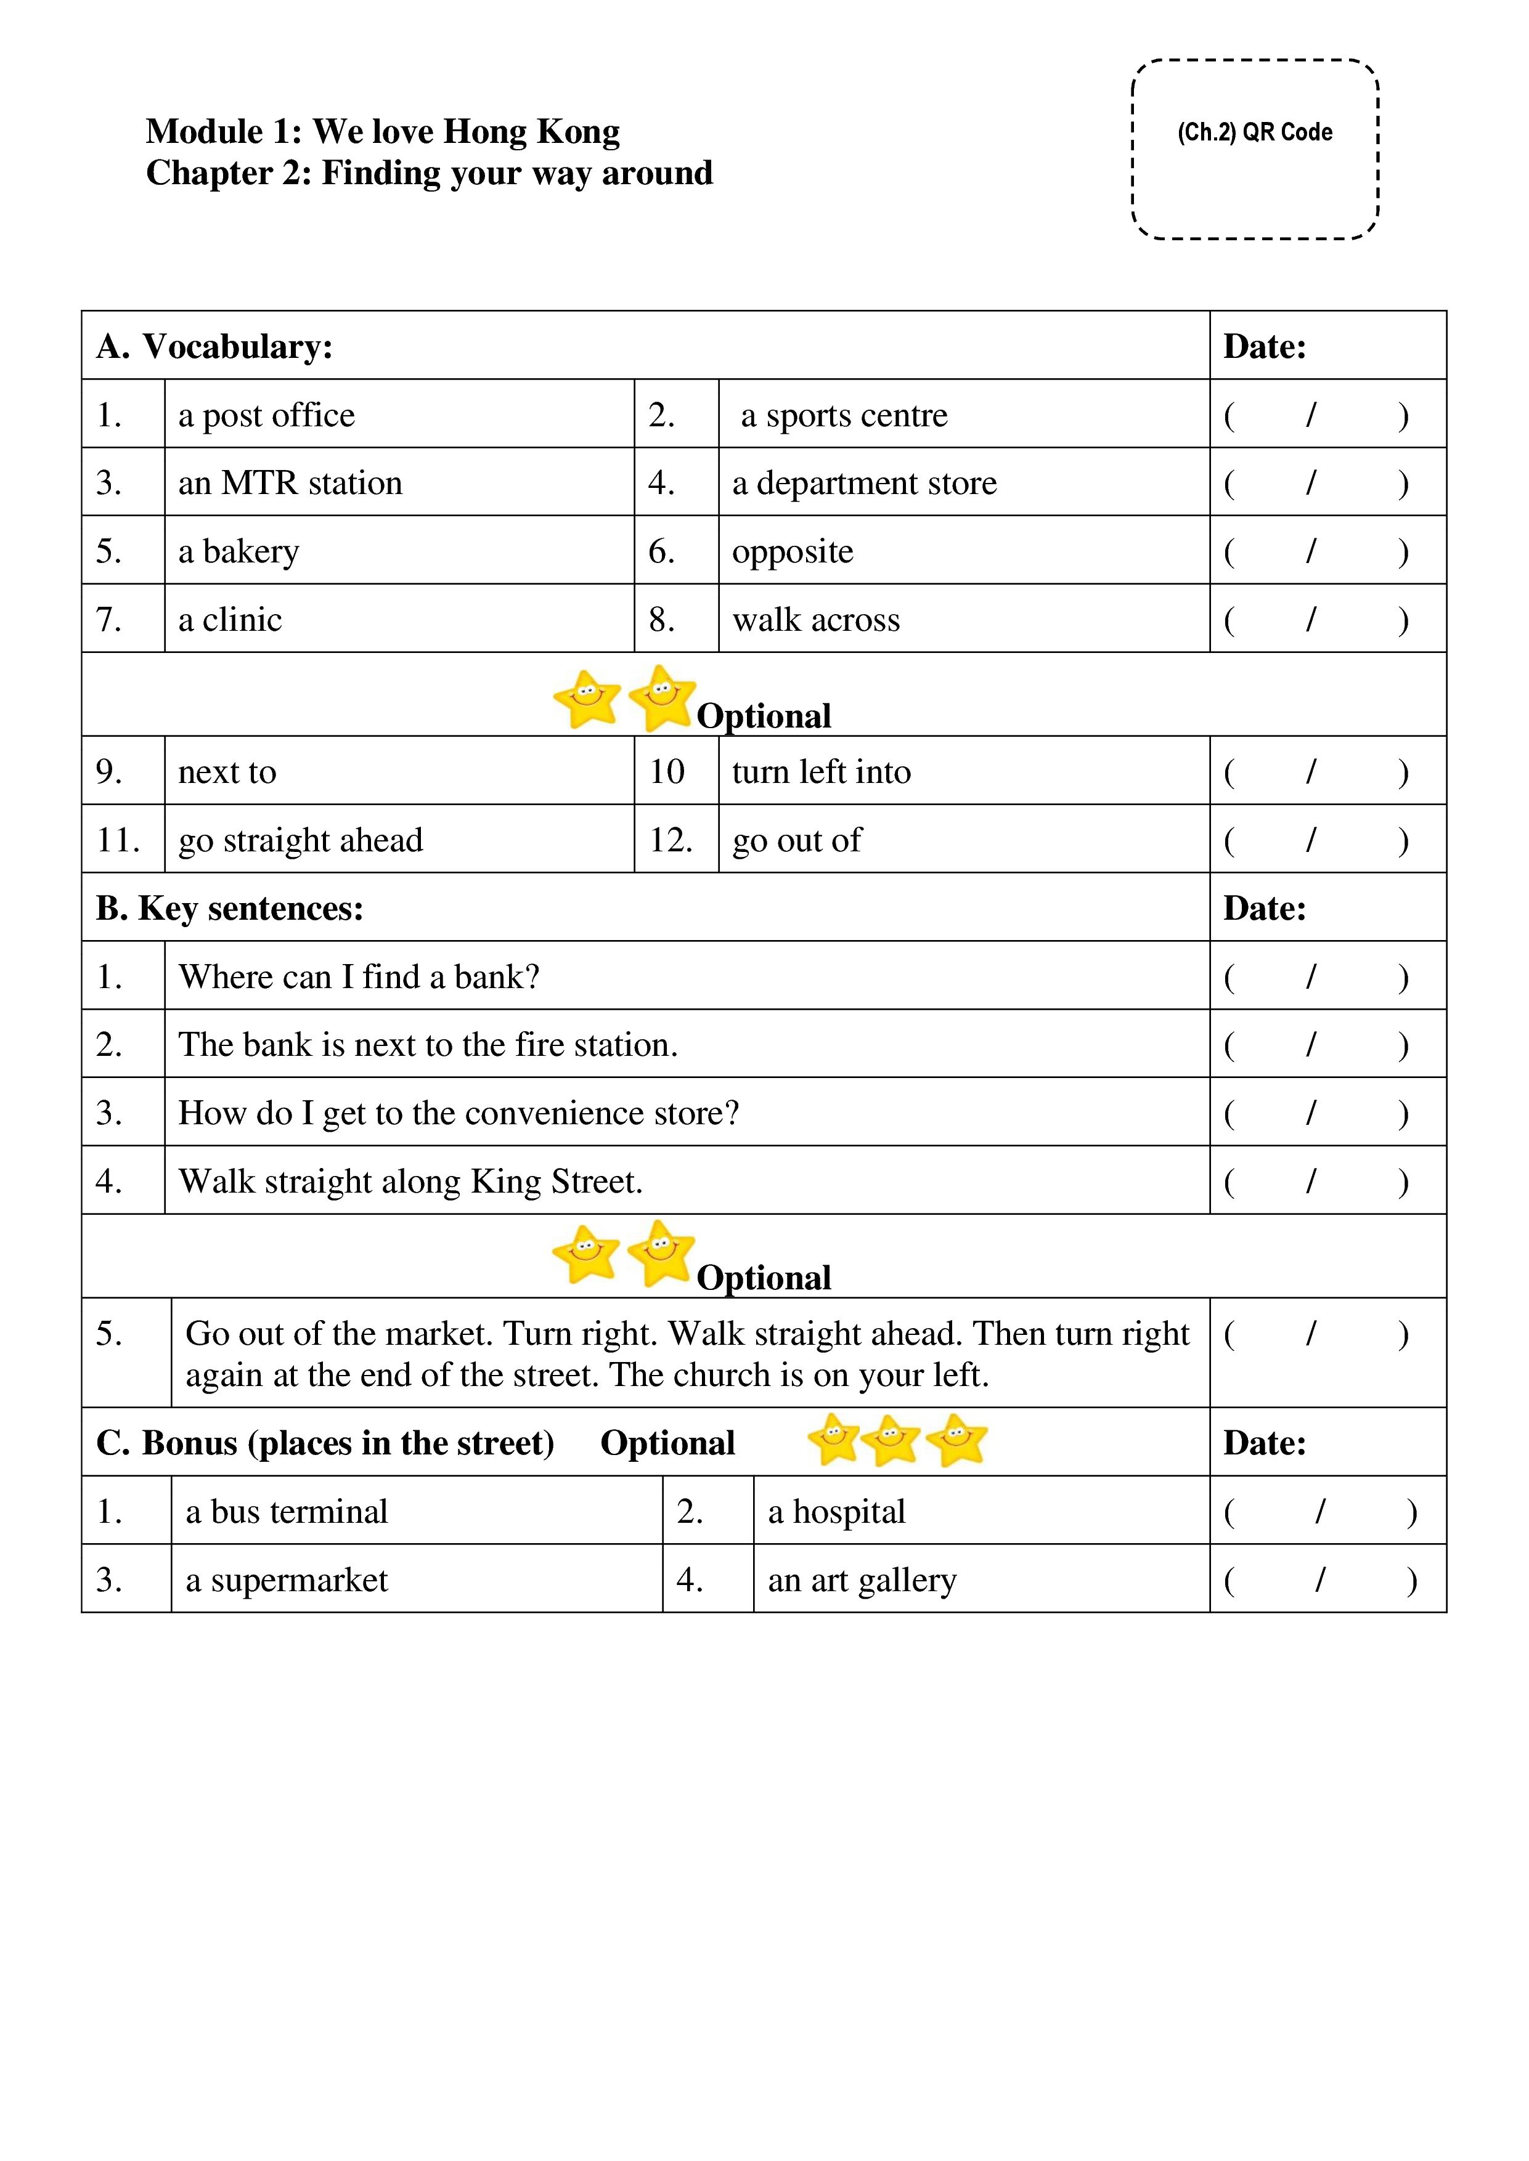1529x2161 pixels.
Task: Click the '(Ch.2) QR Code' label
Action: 1254,132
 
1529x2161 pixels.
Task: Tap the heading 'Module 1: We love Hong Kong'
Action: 382,131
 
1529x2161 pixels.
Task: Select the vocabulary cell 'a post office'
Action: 266,415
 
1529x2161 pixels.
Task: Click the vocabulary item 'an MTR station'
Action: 290,483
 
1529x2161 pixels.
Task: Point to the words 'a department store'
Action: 863,483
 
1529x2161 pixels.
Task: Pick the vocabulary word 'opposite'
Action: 792,551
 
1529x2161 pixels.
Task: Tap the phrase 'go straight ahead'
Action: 300,840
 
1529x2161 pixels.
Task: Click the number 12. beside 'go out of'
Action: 671,840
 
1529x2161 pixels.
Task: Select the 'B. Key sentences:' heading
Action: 230,908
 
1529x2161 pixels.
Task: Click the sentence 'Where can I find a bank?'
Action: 359,977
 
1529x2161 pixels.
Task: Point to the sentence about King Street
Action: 410,1181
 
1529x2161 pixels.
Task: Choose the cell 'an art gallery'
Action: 862,1580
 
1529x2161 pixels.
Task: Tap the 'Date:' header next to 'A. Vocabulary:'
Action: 1265,346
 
